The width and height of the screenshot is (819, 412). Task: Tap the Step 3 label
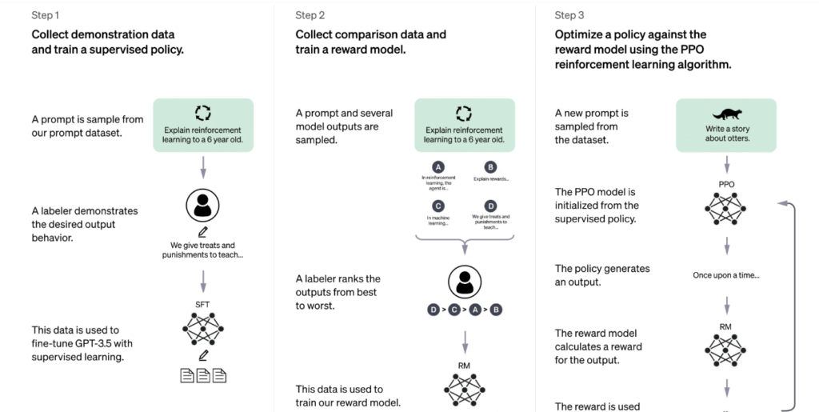point(569,15)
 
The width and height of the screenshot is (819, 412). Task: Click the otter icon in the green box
point(726,114)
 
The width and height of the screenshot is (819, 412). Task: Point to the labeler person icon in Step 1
point(202,206)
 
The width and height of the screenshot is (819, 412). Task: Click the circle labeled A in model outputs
point(438,166)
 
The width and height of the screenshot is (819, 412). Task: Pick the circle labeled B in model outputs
point(490,166)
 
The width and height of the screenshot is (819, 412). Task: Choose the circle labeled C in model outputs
point(438,205)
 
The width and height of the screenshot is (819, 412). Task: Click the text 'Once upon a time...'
point(726,276)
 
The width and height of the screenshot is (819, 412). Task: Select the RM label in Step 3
point(726,326)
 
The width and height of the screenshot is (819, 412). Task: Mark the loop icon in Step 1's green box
point(202,113)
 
